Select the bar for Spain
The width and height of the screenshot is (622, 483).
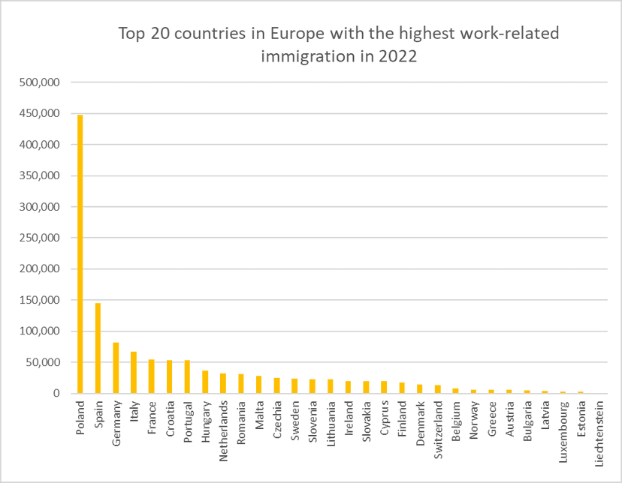[x=98, y=348]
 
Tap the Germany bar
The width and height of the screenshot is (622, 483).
[x=116, y=367]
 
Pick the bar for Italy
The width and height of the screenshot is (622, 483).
[x=133, y=372]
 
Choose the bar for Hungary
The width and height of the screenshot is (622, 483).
[x=205, y=382]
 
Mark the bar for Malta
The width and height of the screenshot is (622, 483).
[x=258, y=385]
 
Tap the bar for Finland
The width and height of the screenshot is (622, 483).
[x=402, y=388]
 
